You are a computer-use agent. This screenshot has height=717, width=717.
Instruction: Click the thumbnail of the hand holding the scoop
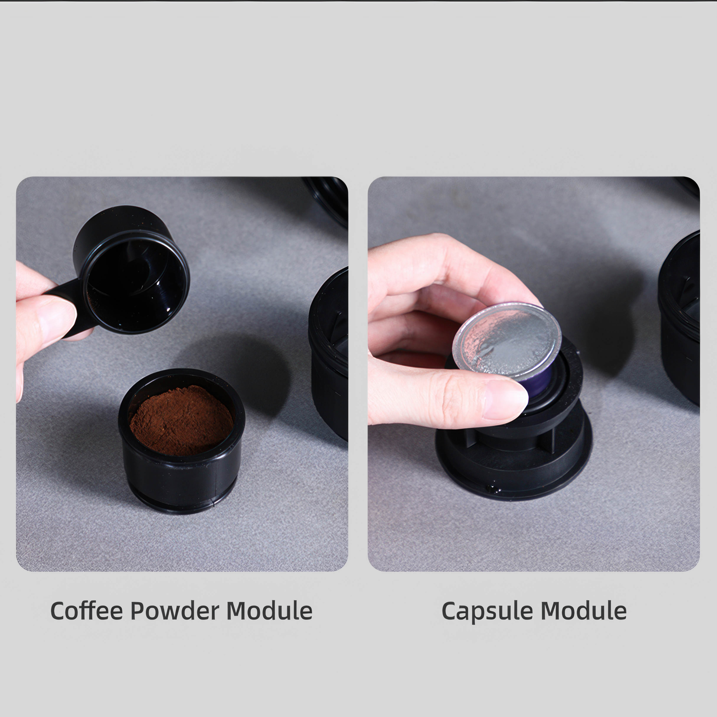click(x=56, y=319)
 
